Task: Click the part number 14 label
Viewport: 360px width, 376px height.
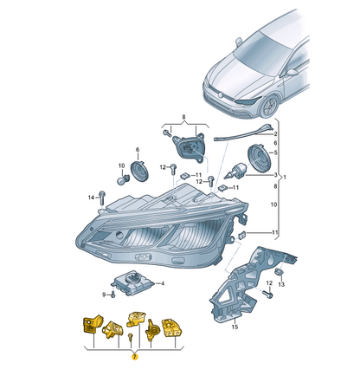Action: (x=89, y=198)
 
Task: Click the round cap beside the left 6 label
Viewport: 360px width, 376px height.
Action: (x=135, y=166)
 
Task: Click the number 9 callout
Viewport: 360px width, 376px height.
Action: (x=101, y=295)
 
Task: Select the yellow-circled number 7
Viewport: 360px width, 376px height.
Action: (x=134, y=355)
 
